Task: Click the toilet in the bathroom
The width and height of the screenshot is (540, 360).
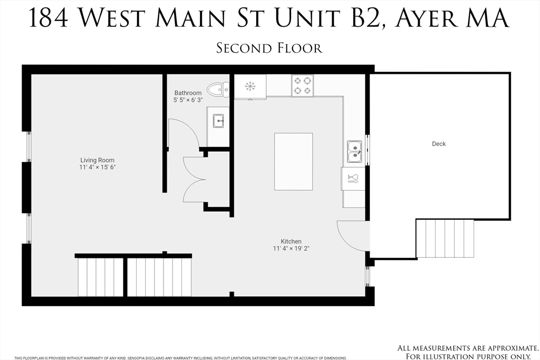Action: click(x=217, y=90)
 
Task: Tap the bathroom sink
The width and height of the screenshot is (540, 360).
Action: click(x=218, y=121)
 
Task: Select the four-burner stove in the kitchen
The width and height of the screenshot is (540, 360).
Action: click(x=302, y=85)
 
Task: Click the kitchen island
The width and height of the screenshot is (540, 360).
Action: click(x=293, y=161)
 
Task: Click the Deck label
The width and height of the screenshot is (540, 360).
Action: click(x=439, y=144)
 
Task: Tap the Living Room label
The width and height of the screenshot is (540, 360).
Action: click(x=97, y=160)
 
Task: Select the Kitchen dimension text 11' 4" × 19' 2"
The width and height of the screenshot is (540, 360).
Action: click(x=291, y=248)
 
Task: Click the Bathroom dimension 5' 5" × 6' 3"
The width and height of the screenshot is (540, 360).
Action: click(x=188, y=100)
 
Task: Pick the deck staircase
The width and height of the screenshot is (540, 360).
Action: click(x=445, y=238)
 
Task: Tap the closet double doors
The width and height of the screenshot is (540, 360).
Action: click(x=193, y=179)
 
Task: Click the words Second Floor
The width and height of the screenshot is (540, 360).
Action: click(x=269, y=48)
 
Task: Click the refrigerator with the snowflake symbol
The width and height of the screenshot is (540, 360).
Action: click(x=250, y=86)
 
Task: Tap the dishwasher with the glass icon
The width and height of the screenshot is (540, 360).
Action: click(x=353, y=178)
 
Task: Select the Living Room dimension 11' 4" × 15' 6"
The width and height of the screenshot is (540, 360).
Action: click(x=97, y=167)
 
